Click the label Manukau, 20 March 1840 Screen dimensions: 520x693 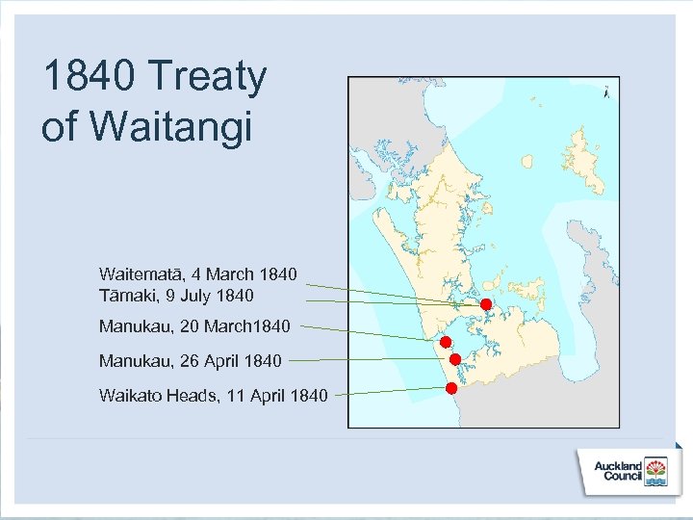(x=193, y=327)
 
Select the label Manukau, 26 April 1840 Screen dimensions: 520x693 (x=190, y=361)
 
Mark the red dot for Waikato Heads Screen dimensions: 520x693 (x=450, y=388)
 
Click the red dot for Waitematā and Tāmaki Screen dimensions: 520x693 (x=486, y=304)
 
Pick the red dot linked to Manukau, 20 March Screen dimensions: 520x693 (x=446, y=342)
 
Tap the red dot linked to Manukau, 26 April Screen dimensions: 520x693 (x=454, y=359)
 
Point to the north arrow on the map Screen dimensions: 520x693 (x=605, y=93)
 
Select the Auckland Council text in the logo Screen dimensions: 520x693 (x=618, y=471)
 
